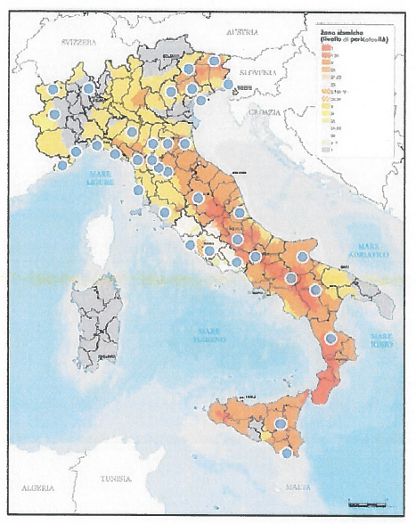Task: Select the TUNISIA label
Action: pyautogui.click(x=116, y=477)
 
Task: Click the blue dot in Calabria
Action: pyautogui.click(x=330, y=338)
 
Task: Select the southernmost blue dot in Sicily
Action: pyautogui.click(x=286, y=453)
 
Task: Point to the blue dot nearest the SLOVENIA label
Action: pyautogui.click(x=229, y=85)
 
